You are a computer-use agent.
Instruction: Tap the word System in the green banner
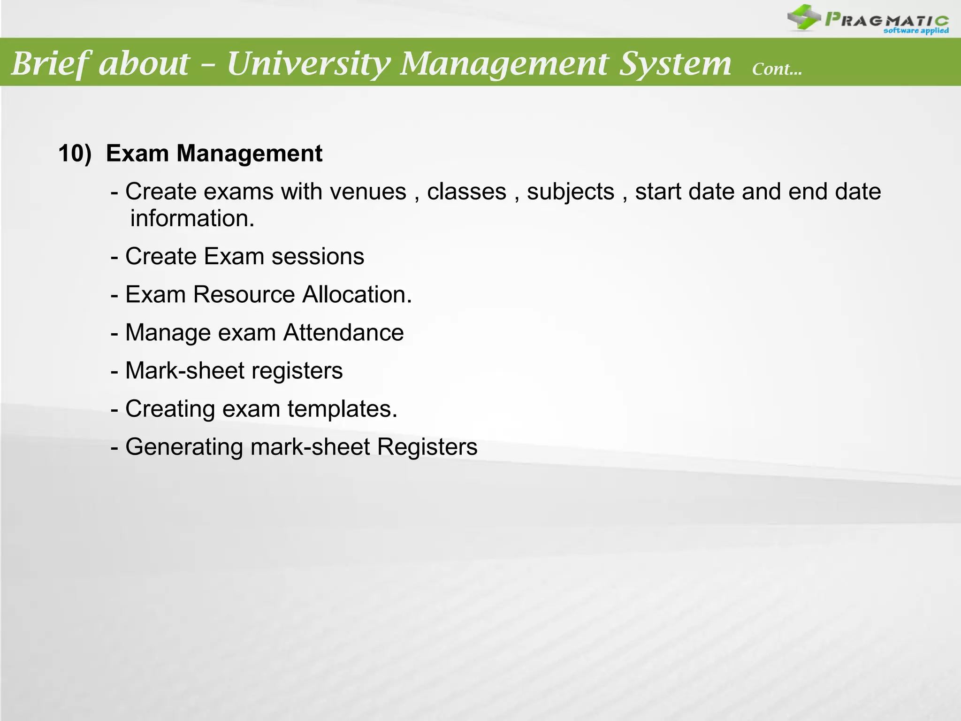click(x=675, y=63)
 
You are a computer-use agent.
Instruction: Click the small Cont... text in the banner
click(x=777, y=69)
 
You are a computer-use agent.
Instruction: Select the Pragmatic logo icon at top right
click(x=803, y=17)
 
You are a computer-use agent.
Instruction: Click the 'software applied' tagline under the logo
click(x=915, y=31)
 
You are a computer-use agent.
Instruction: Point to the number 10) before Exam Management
click(x=75, y=153)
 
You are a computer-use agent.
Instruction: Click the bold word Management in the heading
click(x=249, y=153)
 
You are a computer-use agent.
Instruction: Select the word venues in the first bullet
click(x=367, y=192)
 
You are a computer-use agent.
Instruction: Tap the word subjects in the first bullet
click(x=570, y=192)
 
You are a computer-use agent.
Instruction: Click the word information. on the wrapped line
click(x=192, y=218)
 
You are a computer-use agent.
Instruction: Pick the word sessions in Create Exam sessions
click(x=318, y=256)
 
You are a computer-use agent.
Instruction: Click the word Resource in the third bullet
click(x=244, y=294)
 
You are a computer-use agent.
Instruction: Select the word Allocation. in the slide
click(x=357, y=294)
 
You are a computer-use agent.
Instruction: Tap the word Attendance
click(x=343, y=332)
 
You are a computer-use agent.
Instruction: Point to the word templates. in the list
click(x=342, y=408)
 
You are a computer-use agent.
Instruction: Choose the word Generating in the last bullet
click(x=184, y=446)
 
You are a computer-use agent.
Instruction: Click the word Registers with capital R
click(x=427, y=446)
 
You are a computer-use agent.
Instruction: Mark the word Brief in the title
click(x=49, y=63)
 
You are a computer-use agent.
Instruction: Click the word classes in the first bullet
click(x=466, y=192)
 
